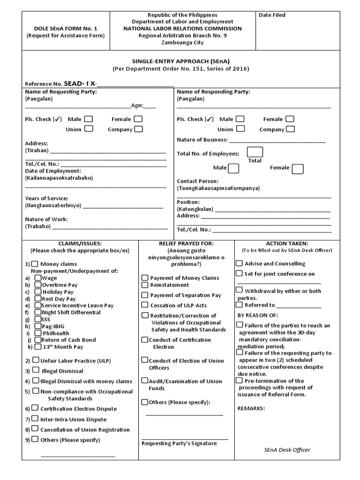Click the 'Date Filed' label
tap(272, 15)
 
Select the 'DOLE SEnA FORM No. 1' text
tap(65, 29)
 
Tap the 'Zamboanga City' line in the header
tap(183, 42)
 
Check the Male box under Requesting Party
tap(88, 119)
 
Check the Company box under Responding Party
tap(291, 129)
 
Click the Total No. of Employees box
tap(255, 152)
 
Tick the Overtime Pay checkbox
tap(38, 285)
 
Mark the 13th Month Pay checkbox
tap(38, 346)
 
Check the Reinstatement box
tap(145, 285)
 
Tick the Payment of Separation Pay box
tap(145, 295)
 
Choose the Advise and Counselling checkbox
tap(240, 263)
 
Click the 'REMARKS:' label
tap(251, 408)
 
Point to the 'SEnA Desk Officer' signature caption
tap(287, 450)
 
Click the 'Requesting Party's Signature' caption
tap(179, 443)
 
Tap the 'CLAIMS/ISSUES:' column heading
tap(80, 243)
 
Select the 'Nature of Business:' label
tap(202, 140)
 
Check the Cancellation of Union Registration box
tap(35, 429)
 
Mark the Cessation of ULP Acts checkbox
tap(145, 305)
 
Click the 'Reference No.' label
tap(43, 84)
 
